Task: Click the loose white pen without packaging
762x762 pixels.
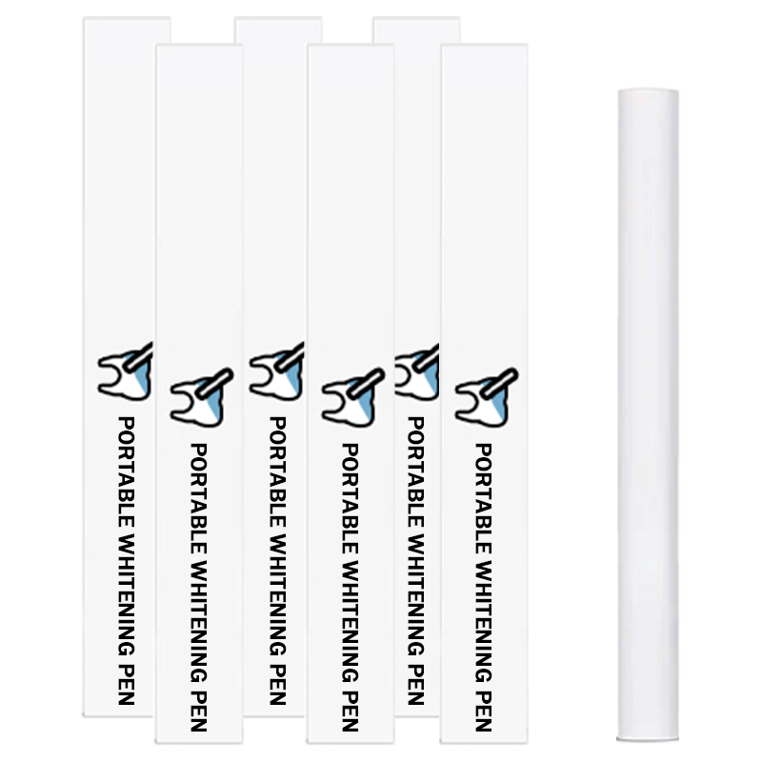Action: [648, 415]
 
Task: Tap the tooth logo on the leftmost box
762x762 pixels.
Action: [126, 371]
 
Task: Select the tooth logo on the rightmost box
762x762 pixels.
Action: [487, 397]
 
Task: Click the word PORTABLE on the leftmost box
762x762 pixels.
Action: [127, 471]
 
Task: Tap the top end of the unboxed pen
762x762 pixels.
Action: [648, 90]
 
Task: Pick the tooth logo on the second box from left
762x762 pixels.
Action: [202, 397]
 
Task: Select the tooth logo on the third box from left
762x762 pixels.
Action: [276, 371]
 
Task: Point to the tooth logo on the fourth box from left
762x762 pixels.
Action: [352, 397]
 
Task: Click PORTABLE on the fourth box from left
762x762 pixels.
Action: [351, 498]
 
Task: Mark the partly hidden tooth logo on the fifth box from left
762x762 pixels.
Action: [417, 371]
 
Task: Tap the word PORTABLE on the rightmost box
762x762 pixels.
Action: [484, 498]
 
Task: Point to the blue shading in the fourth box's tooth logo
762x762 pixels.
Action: [361, 404]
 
